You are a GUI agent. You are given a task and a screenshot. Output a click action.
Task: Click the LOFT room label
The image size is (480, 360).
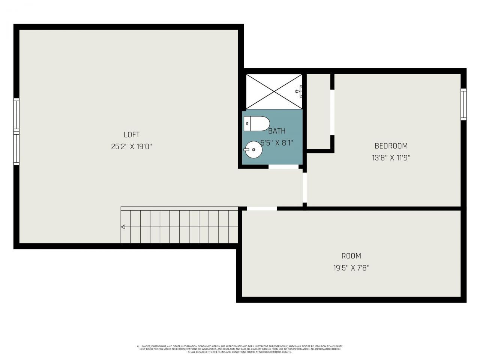point(132,135)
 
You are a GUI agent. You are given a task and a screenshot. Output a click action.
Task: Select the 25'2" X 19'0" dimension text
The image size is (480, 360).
point(132,147)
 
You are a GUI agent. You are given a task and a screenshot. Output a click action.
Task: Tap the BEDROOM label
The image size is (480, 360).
point(391,146)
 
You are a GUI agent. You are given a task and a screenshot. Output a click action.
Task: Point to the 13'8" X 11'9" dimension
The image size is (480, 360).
point(391,158)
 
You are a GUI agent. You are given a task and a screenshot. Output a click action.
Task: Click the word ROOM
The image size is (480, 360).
point(351,256)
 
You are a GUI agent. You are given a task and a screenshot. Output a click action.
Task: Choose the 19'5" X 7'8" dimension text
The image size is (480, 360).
point(351,268)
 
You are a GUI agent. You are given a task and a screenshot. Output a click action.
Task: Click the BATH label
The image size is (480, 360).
point(277,131)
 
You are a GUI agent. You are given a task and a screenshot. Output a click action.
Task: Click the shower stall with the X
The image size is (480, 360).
point(274,91)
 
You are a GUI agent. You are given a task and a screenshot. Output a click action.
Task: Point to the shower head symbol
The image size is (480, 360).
point(300,91)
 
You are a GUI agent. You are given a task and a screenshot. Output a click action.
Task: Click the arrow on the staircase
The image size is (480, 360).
point(123,226)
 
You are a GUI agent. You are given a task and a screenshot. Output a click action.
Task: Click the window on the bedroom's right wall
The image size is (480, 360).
point(463,104)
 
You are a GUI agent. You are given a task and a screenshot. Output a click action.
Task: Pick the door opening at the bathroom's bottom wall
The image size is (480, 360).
point(283,166)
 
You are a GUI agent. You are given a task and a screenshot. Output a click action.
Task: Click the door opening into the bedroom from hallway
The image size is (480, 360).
point(304,187)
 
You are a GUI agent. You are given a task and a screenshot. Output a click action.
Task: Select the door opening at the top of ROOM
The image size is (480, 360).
point(261,208)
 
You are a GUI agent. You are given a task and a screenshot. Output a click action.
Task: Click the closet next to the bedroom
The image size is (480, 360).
point(318,111)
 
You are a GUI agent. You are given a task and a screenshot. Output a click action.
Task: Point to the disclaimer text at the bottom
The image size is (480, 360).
point(240,349)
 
